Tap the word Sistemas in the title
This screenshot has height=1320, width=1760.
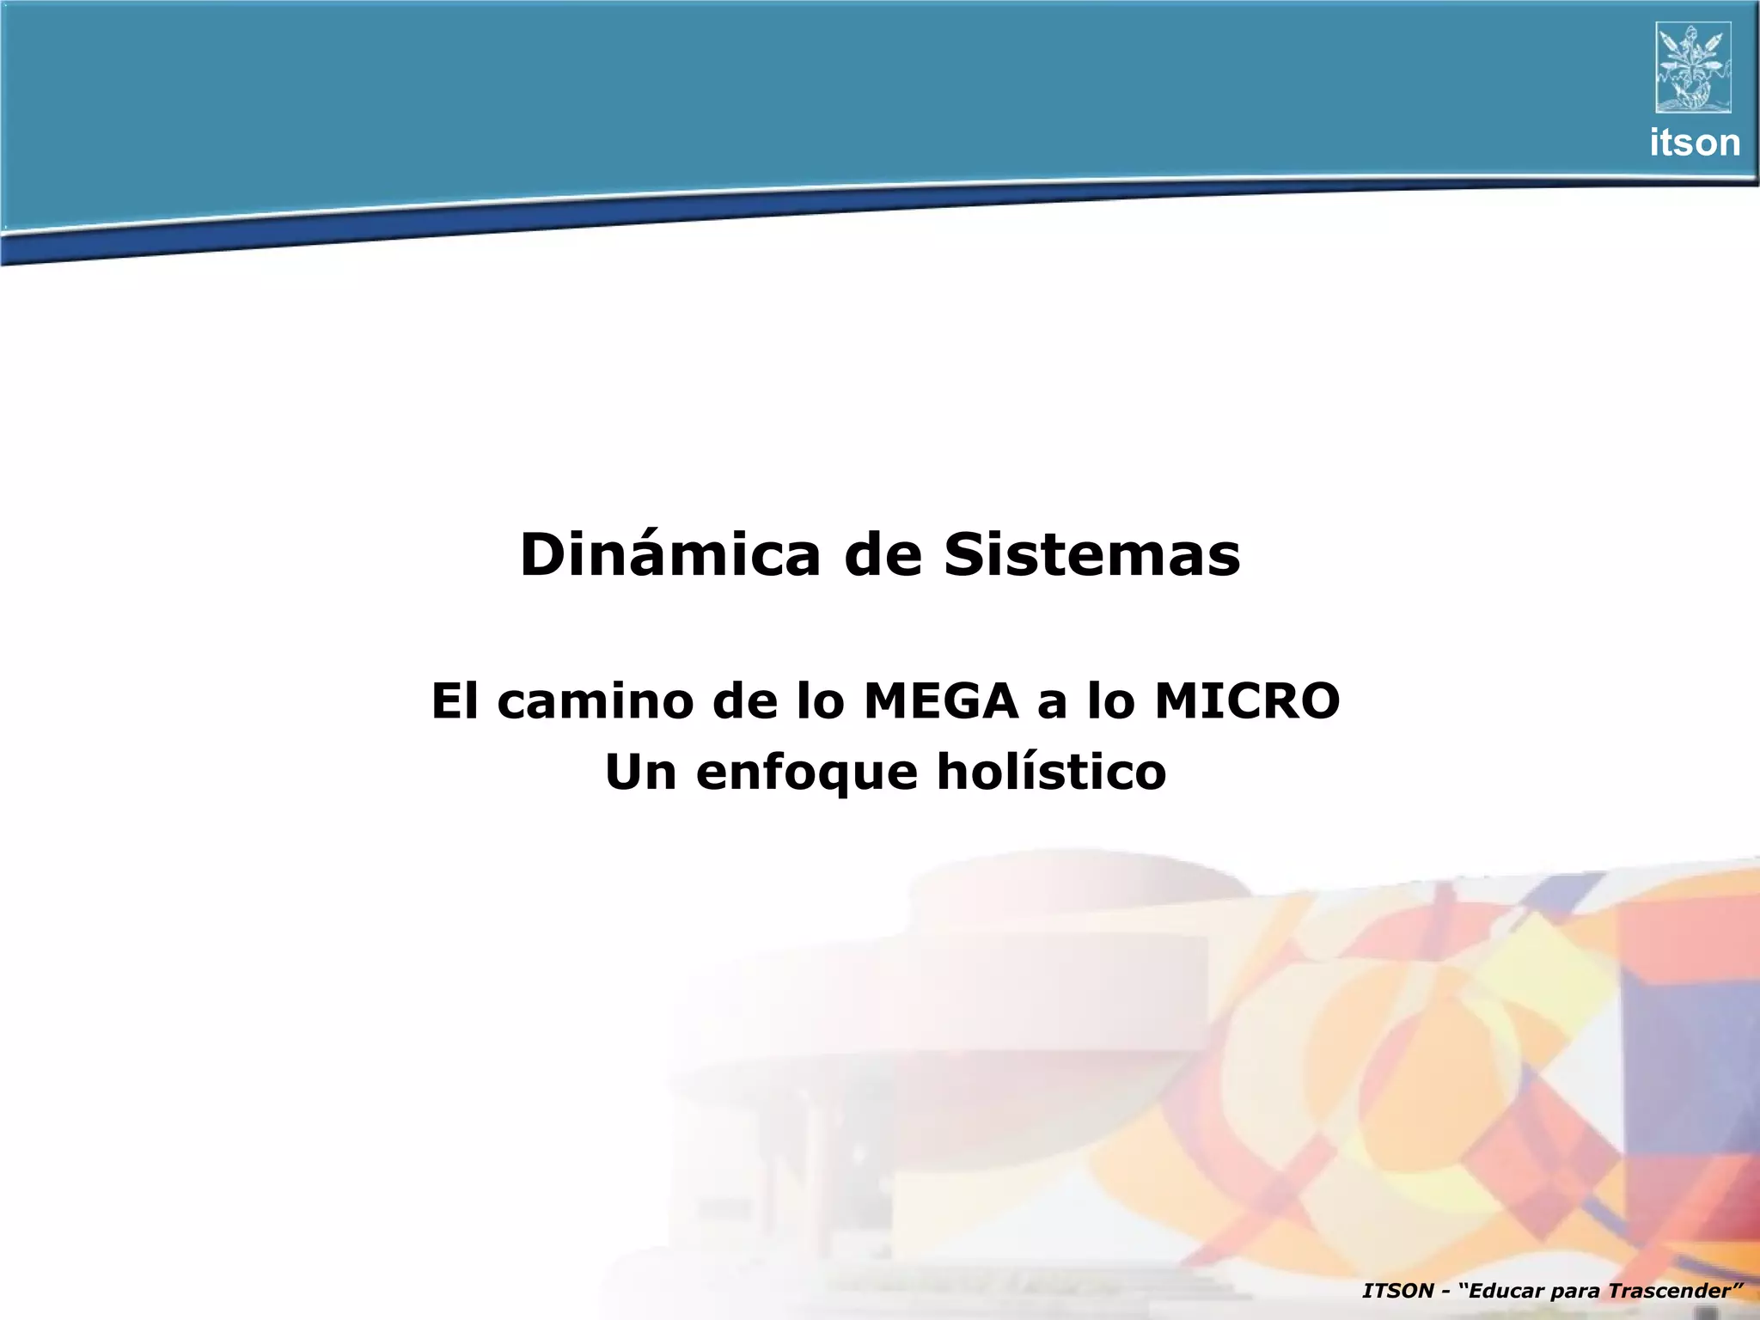1092,555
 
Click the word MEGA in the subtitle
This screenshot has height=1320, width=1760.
940,700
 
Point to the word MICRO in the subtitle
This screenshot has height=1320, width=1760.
1247,700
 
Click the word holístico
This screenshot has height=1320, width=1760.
1051,772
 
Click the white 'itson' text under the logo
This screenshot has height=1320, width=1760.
1695,143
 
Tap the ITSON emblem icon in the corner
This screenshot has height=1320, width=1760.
1693,67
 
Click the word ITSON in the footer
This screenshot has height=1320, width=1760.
1398,1291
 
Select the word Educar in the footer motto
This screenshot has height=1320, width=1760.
1510,1291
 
